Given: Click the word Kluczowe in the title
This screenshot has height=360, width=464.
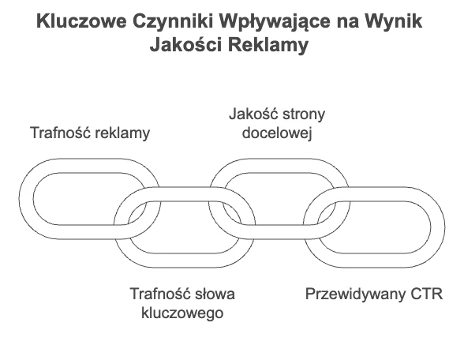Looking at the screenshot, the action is (81, 21).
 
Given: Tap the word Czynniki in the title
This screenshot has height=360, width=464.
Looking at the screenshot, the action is (173, 21).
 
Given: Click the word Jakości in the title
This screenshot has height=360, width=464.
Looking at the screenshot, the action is (186, 45).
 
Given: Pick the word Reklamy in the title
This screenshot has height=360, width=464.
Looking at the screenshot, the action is (268, 46).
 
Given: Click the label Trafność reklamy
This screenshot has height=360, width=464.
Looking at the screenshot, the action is (90, 133).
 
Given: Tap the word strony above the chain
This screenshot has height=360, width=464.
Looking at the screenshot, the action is (304, 114).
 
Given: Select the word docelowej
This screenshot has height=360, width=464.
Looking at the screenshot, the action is (277, 133).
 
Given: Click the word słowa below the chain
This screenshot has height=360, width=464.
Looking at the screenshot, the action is (215, 294).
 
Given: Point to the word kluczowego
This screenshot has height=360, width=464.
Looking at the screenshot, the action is (182, 313).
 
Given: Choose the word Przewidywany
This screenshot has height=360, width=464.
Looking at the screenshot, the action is (355, 294).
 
